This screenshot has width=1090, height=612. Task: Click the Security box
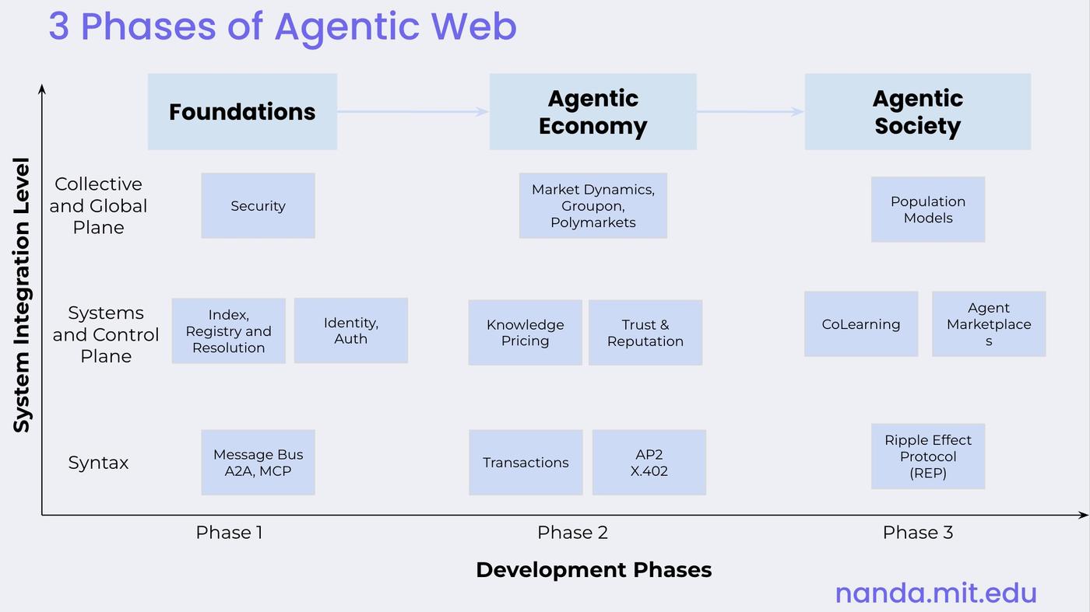click(x=258, y=205)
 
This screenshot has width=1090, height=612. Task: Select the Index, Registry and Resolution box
click(x=228, y=330)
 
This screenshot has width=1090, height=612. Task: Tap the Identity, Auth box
click(x=350, y=330)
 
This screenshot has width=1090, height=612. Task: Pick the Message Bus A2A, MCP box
click(x=258, y=462)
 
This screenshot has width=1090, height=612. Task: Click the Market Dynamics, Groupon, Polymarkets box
click(x=592, y=205)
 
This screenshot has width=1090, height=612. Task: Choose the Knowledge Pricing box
click(x=525, y=332)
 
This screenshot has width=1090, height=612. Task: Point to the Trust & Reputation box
click(x=645, y=332)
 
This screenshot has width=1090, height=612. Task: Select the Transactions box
click(x=526, y=462)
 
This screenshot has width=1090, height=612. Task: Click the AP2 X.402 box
click(x=649, y=462)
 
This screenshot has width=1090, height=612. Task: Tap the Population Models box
click(x=927, y=209)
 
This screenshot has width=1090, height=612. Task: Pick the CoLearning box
click(x=860, y=324)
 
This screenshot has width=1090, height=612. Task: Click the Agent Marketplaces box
click(x=988, y=324)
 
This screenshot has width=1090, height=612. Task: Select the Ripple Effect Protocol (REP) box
click(x=927, y=456)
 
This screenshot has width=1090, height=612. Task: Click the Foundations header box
click(x=242, y=111)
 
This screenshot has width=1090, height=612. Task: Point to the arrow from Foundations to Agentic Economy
click(x=413, y=111)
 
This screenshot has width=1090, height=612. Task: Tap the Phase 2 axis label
click(x=572, y=533)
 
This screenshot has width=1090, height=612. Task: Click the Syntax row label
click(x=98, y=463)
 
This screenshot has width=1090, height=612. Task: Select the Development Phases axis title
click(x=593, y=570)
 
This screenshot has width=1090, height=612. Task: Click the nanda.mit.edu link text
click(x=936, y=593)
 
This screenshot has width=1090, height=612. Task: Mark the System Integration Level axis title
click(x=22, y=296)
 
